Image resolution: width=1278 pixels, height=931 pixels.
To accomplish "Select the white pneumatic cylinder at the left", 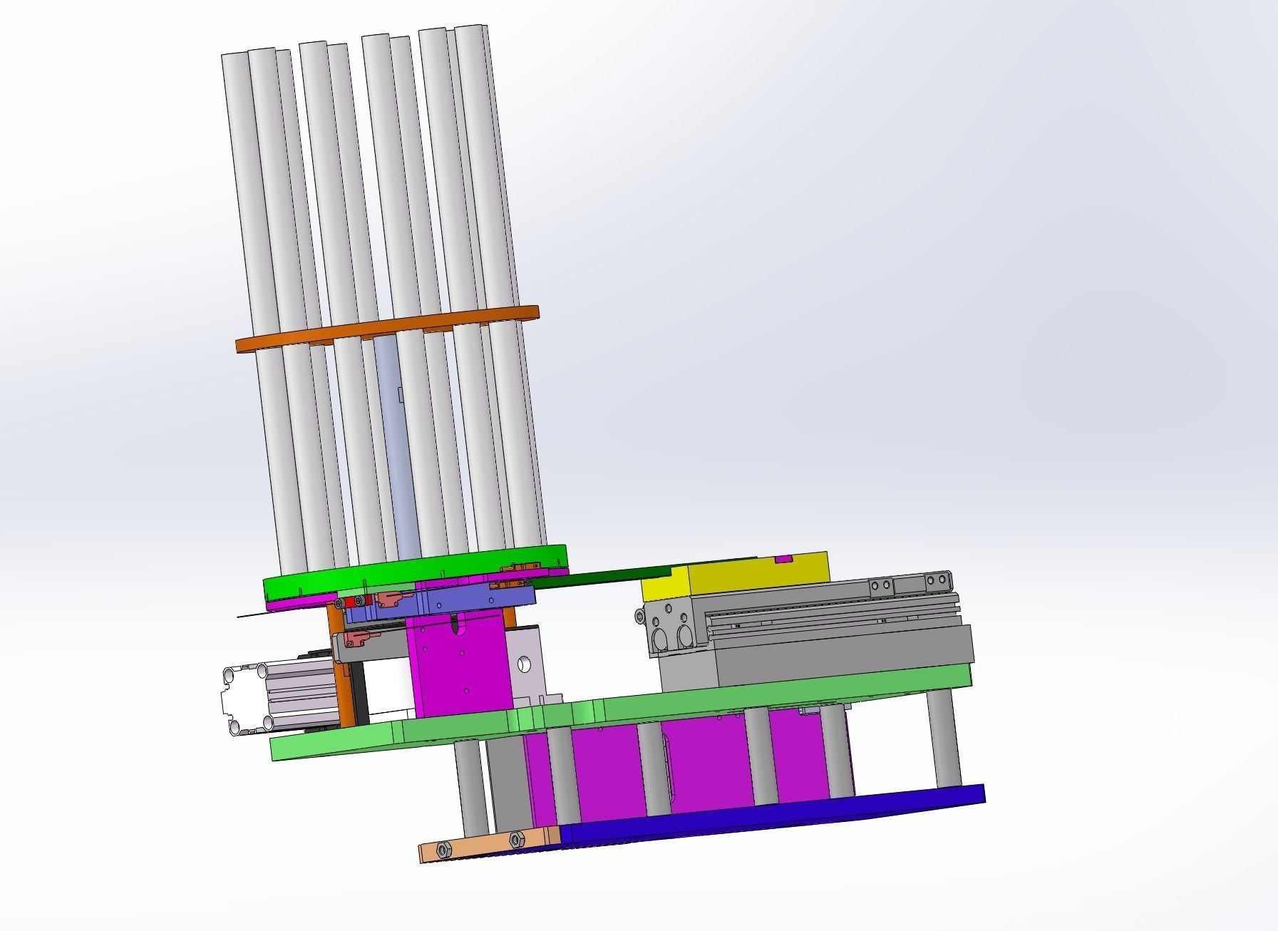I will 278,699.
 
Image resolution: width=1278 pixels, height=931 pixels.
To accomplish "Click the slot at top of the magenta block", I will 456,627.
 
